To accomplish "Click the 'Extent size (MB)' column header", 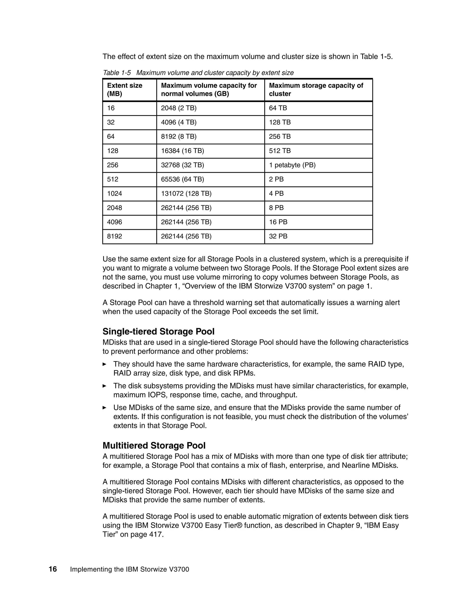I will (x=125, y=89).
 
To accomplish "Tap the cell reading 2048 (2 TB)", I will (x=179, y=108).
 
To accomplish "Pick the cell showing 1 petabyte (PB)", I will (x=292, y=165).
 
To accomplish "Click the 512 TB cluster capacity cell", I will (x=279, y=151).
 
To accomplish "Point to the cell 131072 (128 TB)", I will (x=186, y=193).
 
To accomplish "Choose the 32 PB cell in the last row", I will (x=278, y=236).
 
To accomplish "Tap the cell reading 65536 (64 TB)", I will (x=182, y=179).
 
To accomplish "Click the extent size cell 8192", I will (x=115, y=236).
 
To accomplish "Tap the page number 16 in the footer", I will (x=53, y=569).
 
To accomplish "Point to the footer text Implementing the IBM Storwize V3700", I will (x=130, y=569).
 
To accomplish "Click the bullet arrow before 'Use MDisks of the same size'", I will (x=104, y=408).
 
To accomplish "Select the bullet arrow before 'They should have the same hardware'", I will (x=104, y=364).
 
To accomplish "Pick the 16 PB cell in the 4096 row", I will (x=278, y=222).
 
